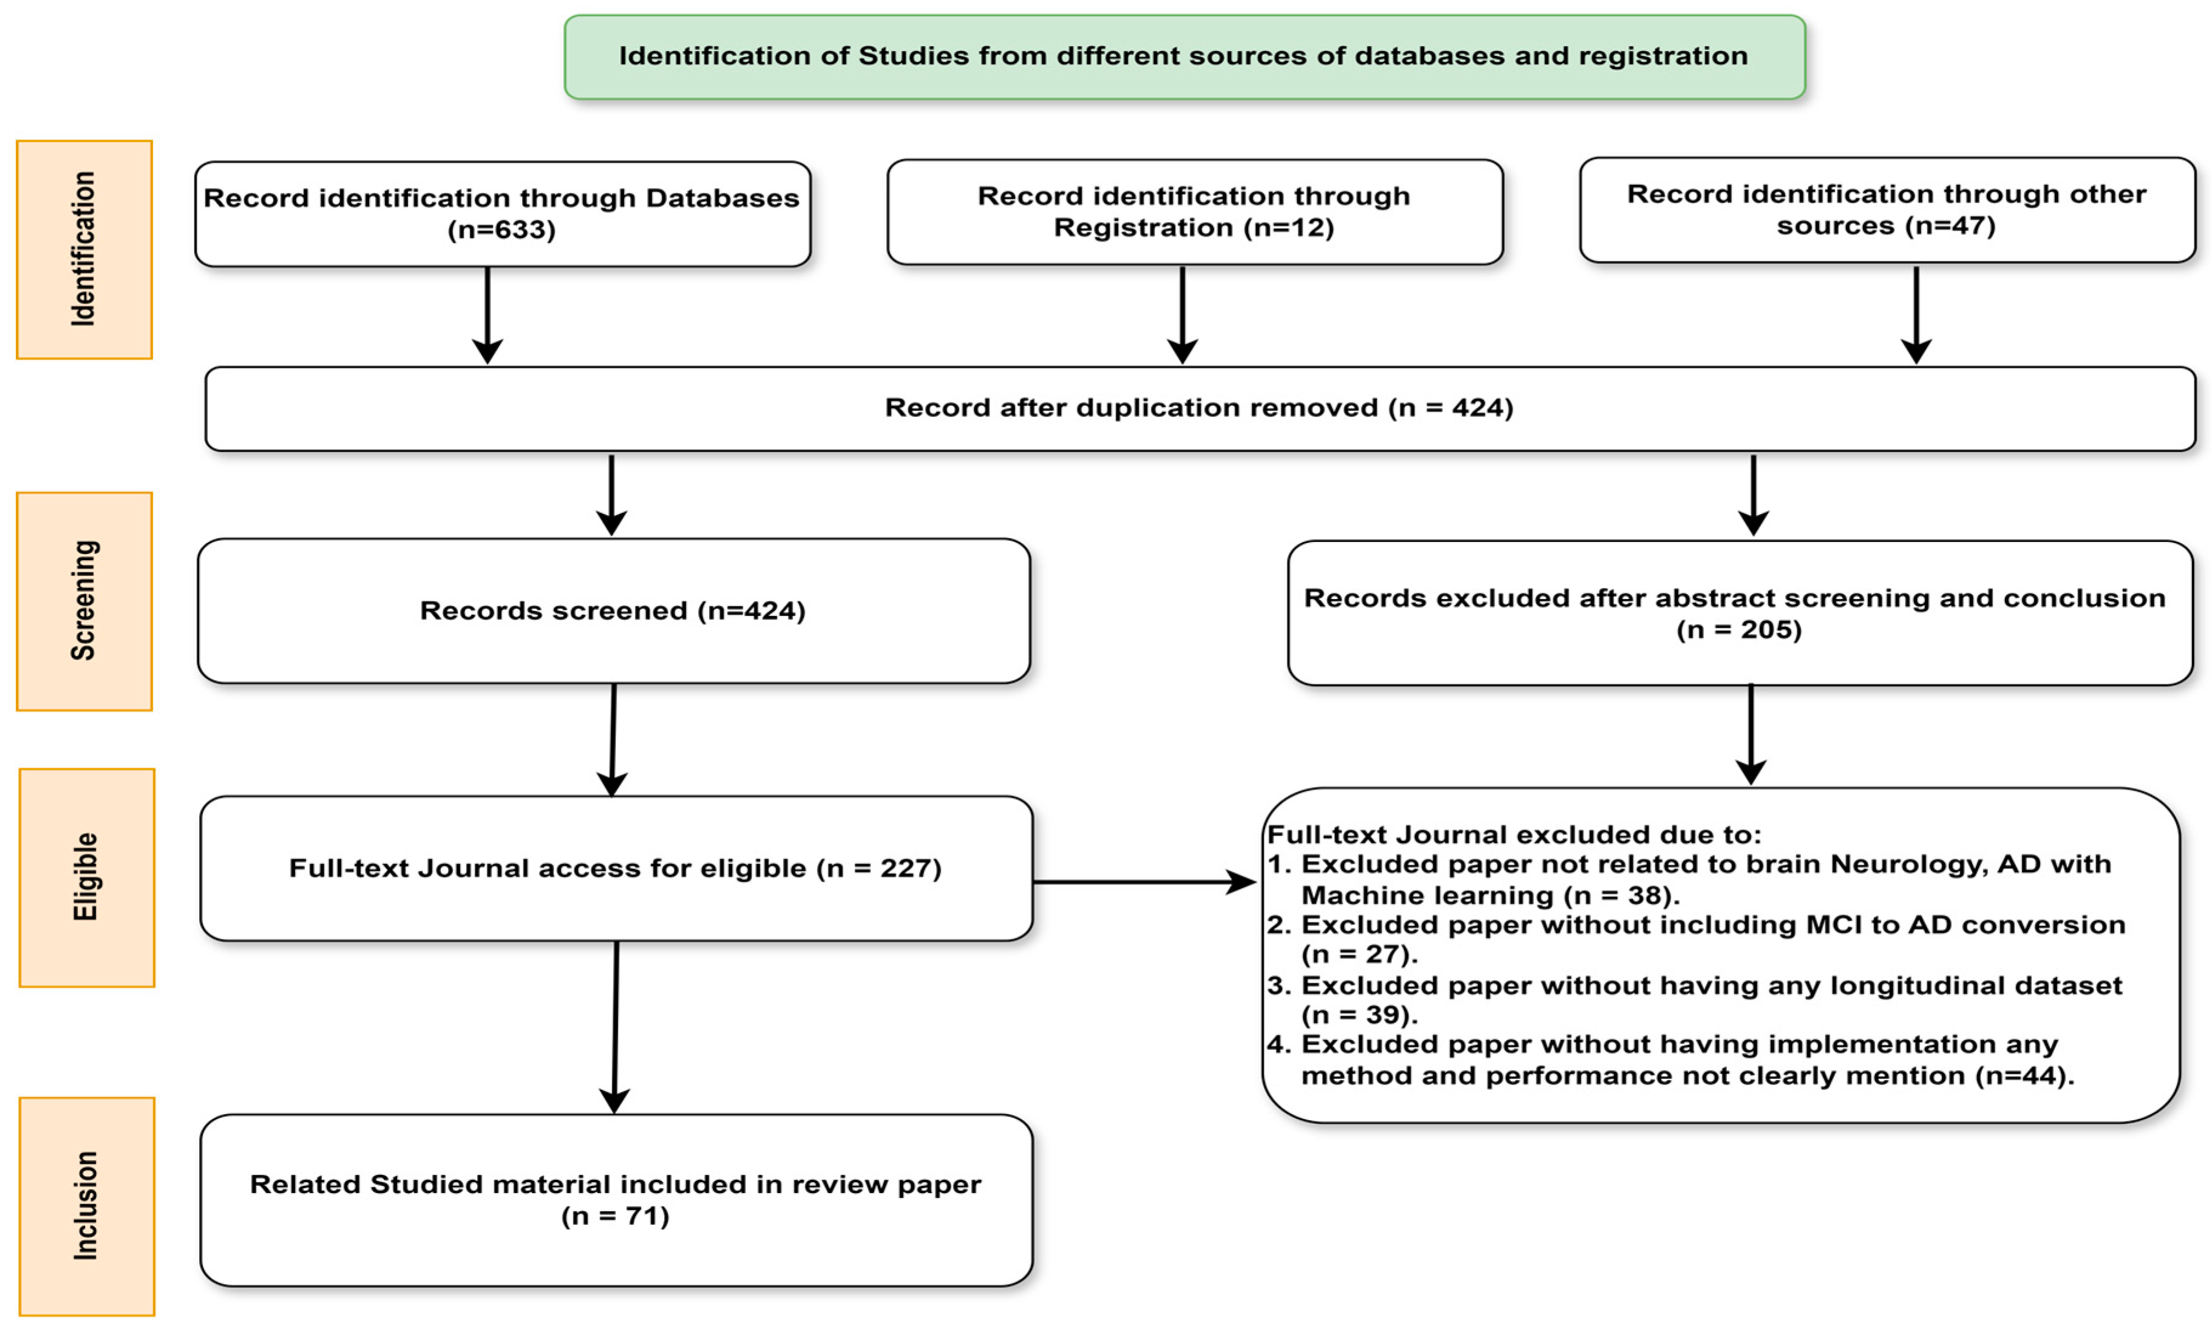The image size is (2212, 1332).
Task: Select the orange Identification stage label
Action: [x=84, y=249]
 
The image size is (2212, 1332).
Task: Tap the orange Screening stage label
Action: [x=84, y=601]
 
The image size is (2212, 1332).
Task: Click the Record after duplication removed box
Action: [x=1199, y=408]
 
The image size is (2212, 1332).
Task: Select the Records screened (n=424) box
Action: [x=613, y=610]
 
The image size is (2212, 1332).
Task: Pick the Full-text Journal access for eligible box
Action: [x=616, y=868]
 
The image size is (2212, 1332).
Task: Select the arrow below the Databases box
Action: [x=487, y=314]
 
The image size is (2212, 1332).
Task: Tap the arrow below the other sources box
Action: [x=1916, y=314]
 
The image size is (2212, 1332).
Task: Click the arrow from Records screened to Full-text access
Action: [x=613, y=740]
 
